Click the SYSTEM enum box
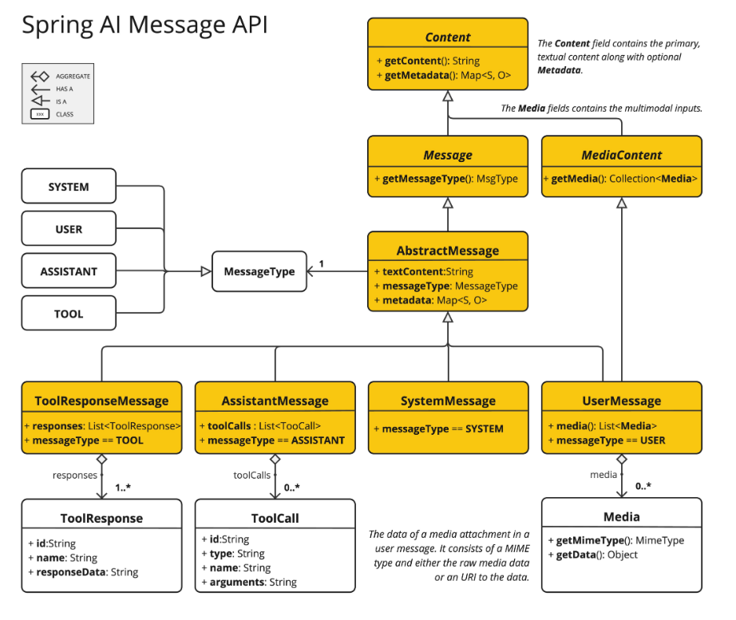69,188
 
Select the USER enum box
69,230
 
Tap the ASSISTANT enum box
69,272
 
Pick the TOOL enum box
69,314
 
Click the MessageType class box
259,272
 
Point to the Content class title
447,38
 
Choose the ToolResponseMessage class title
101,401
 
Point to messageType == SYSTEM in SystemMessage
439,429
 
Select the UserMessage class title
621,401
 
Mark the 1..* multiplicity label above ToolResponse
123,487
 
